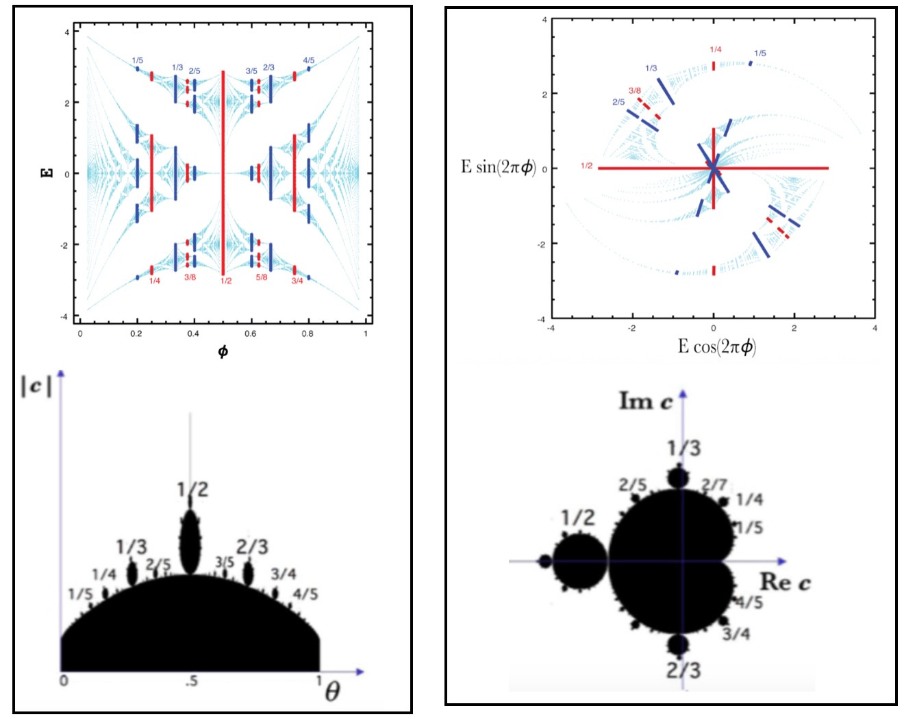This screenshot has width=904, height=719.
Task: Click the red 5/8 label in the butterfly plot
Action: [x=262, y=277]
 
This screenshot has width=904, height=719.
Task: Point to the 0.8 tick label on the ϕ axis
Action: [x=307, y=334]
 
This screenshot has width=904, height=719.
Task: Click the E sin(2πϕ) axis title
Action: [x=498, y=167]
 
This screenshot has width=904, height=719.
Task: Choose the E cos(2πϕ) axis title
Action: [x=716, y=346]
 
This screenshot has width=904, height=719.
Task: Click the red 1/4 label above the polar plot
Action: [x=715, y=49]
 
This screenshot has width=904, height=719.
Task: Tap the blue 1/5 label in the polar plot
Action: [x=760, y=53]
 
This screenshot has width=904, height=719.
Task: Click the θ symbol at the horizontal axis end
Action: [x=332, y=692]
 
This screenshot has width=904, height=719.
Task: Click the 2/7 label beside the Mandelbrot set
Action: [x=714, y=485]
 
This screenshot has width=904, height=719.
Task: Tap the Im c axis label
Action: [x=646, y=401]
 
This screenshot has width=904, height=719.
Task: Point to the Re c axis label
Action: [x=785, y=583]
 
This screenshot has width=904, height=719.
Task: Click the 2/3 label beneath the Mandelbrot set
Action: [x=683, y=670]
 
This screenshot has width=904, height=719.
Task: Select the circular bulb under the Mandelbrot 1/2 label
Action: [x=580, y=562]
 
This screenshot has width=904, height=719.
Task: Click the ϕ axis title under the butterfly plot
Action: [x=223, y=352]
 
